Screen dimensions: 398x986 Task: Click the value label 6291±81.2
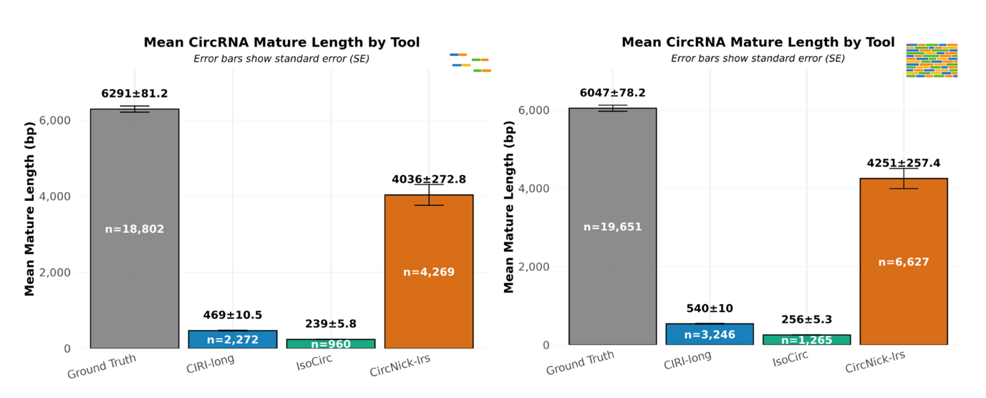[x=135, y=93]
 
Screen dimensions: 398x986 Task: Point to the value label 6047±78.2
[x=612, y=93]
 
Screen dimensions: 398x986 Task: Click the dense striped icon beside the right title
[x=932, y=60]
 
